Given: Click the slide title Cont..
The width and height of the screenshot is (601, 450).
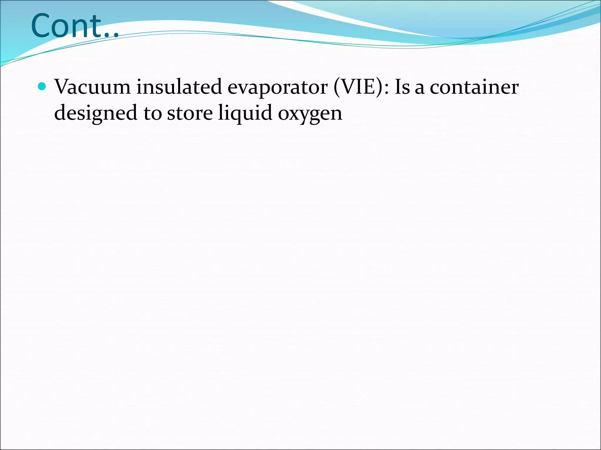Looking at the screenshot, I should pos(75,26).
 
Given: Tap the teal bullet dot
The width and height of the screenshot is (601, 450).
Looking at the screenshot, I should pos(42,86).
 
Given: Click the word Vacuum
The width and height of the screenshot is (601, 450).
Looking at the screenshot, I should pos(92,87).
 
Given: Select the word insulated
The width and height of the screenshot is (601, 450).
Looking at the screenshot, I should pos(179,87).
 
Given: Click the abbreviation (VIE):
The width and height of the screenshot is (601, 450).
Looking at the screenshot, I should pos(361,87).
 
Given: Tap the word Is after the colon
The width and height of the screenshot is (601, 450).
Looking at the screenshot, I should pos(402,87).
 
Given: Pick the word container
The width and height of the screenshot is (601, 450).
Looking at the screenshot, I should pos(474,87).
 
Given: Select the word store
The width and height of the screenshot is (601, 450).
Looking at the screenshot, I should pos(190,113).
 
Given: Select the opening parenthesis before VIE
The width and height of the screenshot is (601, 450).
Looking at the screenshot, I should pos(337,87).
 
